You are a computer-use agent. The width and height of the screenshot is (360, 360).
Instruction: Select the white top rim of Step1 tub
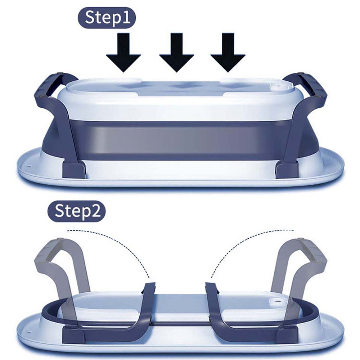pyautogui.click(x=180, y=104)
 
